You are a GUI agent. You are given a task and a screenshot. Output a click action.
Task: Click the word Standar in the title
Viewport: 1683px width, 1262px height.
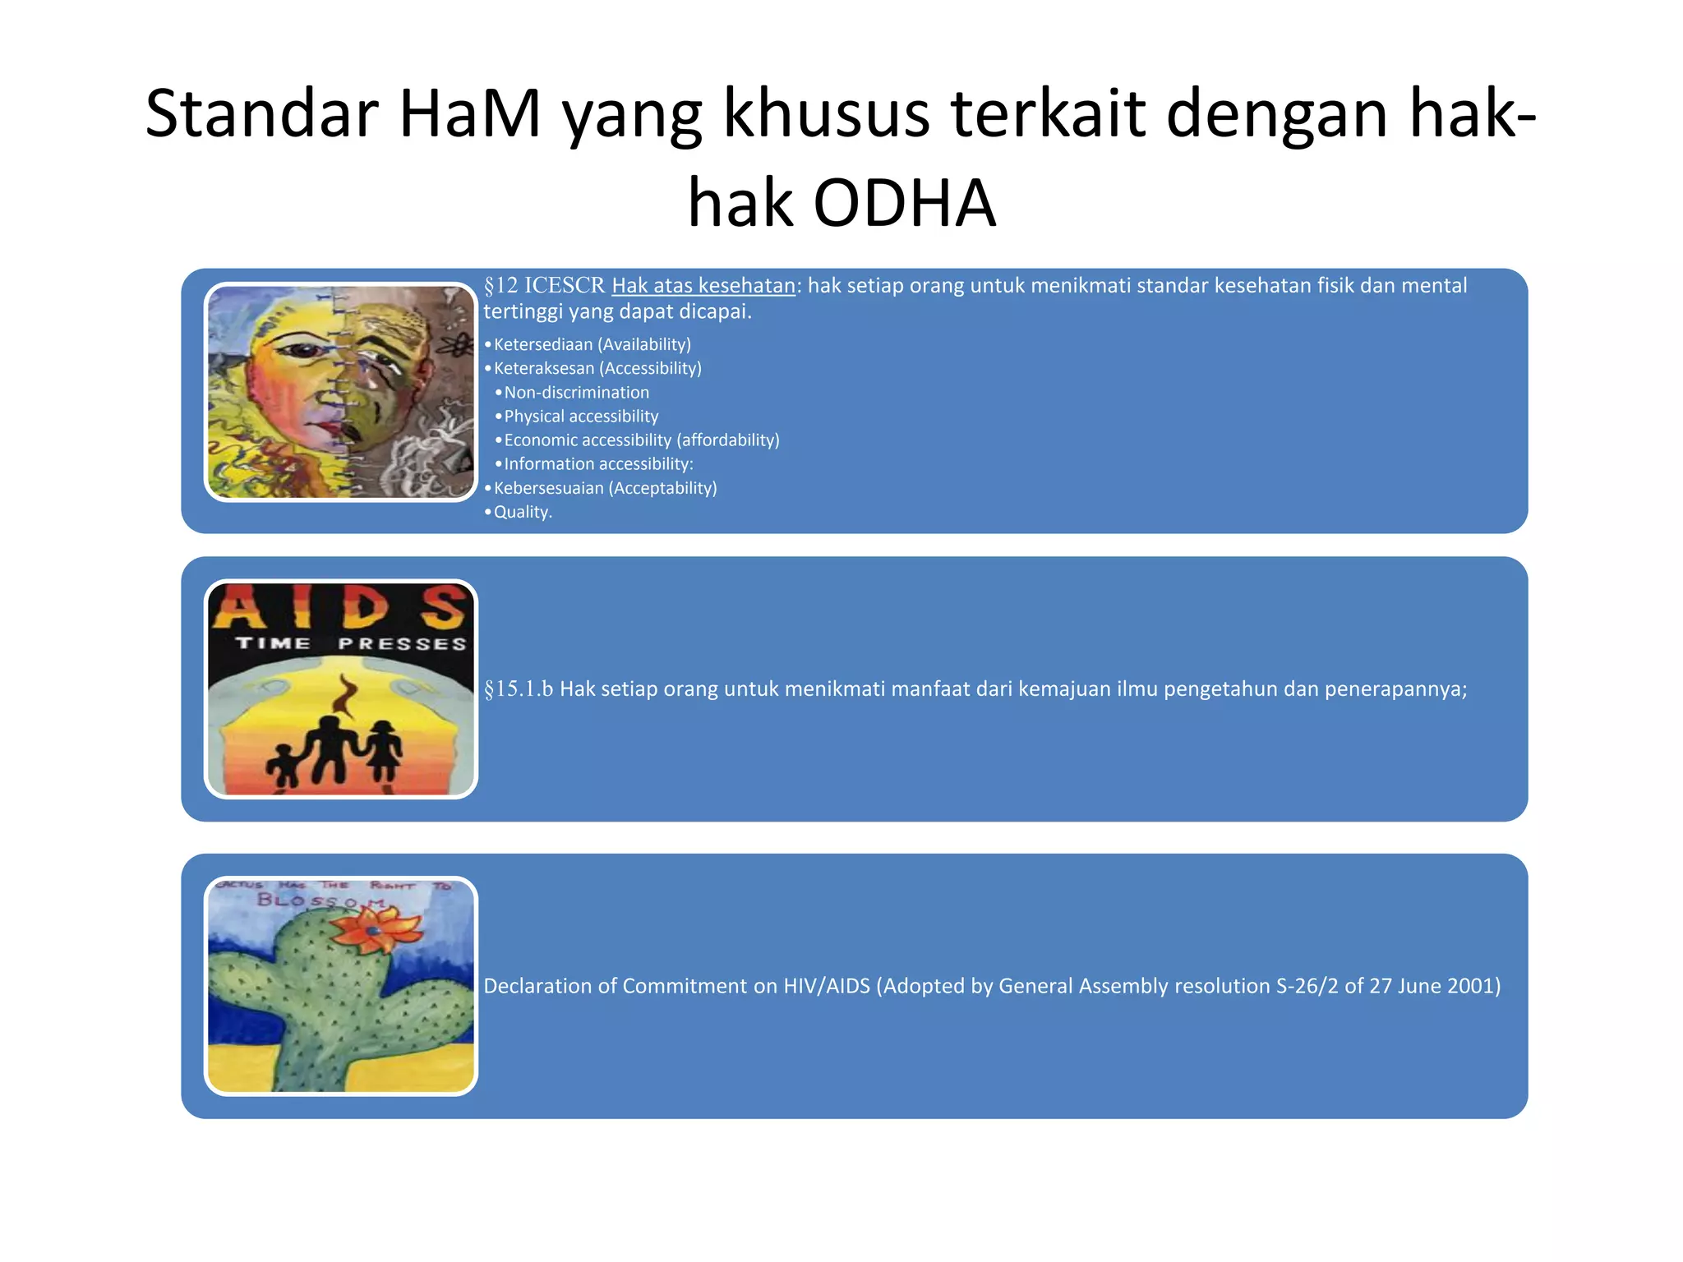tap(261, 113)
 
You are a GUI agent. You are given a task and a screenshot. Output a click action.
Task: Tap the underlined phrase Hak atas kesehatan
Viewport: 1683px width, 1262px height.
tap(703, 286)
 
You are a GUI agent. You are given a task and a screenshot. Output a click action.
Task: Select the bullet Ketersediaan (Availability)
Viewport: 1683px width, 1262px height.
tap(592, 344)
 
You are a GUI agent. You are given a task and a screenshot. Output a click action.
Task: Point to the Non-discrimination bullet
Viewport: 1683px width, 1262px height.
tap(576, 393)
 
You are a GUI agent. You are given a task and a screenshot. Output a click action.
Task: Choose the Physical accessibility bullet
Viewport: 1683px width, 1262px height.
tap(581, 417)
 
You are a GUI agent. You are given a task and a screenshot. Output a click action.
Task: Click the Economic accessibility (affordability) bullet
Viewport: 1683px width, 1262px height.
tap(641, 440)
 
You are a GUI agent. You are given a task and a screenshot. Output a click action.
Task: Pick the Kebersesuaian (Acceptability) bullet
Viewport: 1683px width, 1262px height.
tap(605, 488)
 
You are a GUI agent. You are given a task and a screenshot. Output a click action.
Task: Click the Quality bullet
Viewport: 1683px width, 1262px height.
tap(522, 512)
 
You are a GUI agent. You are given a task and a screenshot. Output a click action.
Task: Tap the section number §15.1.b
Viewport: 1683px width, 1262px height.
tap(519, 689)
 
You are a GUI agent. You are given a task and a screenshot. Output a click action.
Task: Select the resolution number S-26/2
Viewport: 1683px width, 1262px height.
tap(1307, 986)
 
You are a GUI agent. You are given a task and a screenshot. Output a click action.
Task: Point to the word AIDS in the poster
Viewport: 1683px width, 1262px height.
tap(342, 608)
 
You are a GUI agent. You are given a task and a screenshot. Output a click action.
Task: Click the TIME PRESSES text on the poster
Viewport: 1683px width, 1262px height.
tap(351, 643)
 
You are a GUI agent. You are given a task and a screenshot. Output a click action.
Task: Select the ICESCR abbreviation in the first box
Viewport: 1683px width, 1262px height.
tap(565, 286)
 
